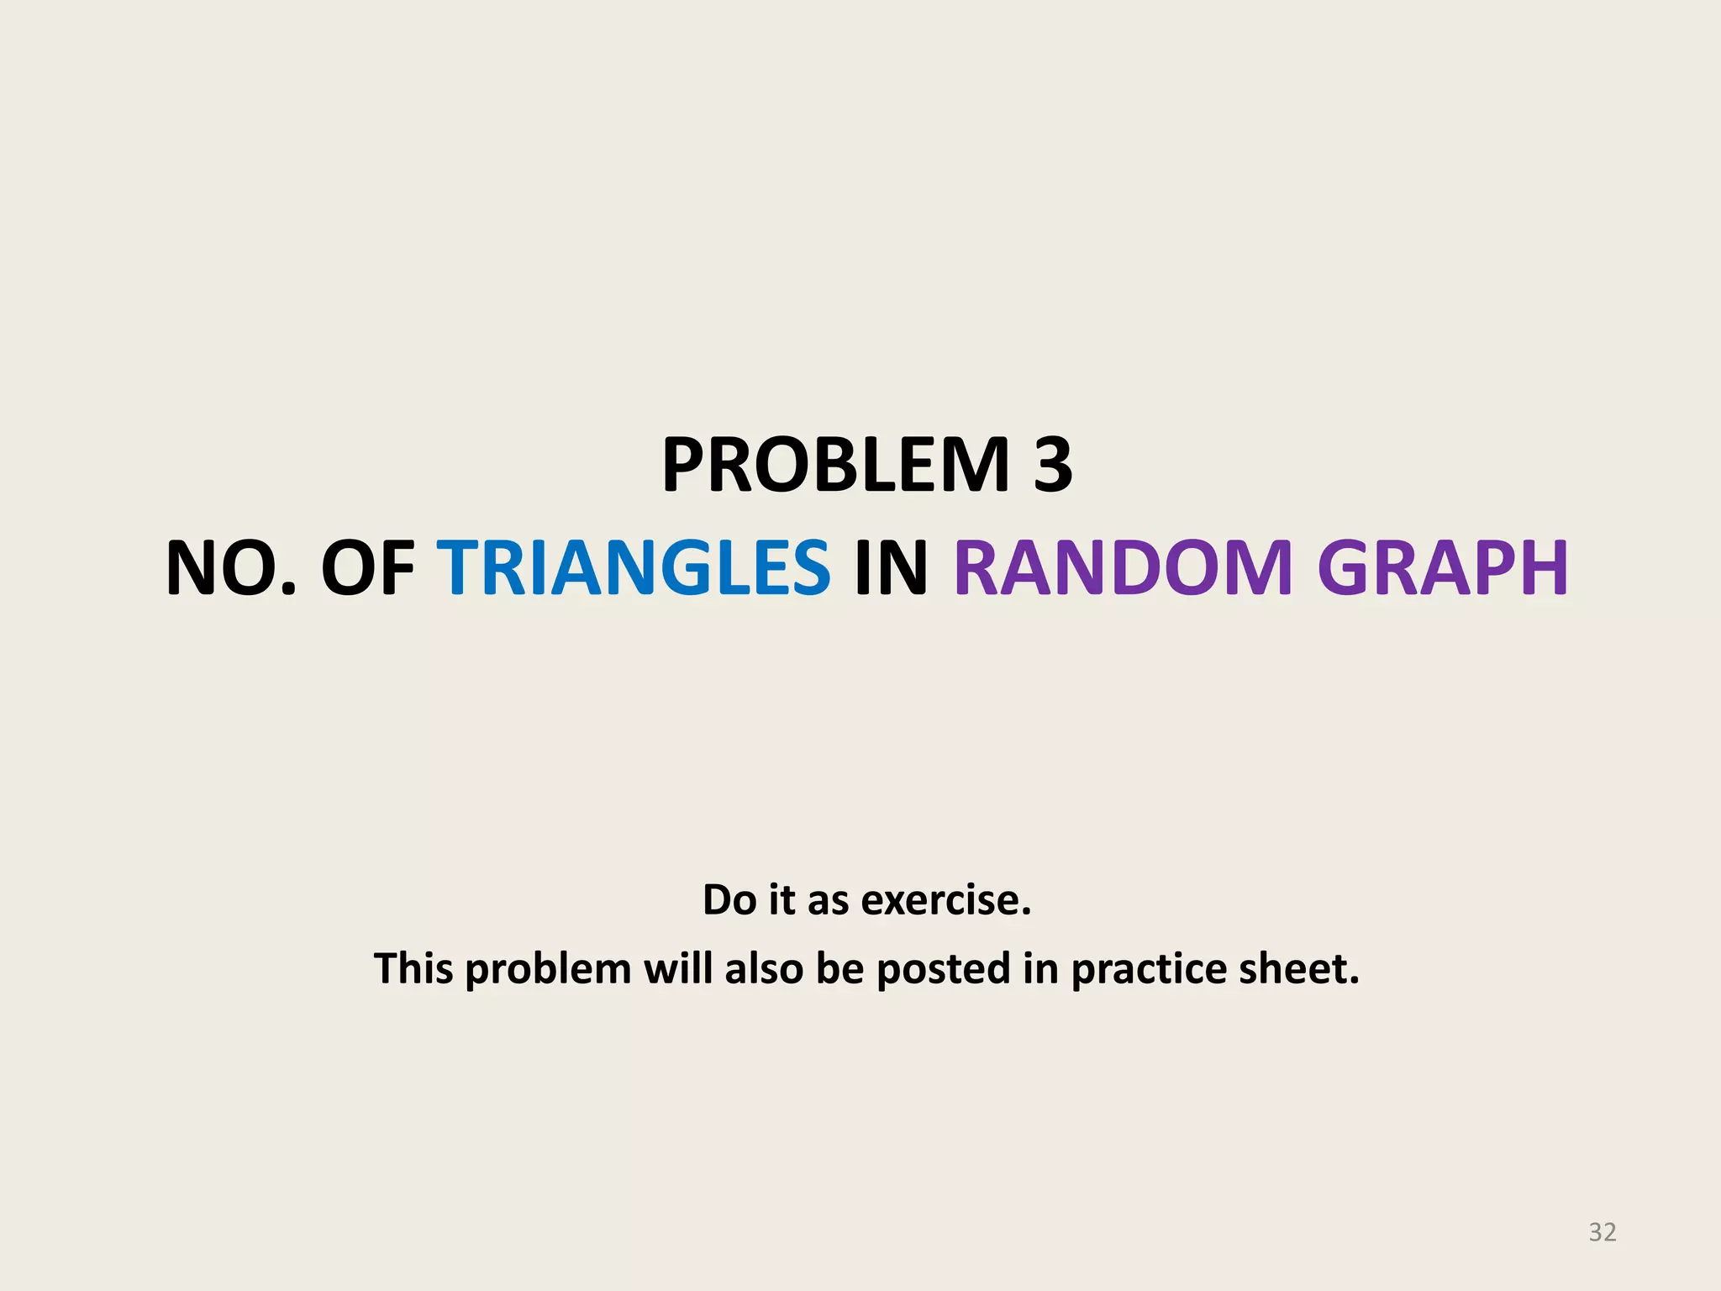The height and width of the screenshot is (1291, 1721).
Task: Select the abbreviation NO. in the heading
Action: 232,569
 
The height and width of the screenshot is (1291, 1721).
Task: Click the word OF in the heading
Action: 368,569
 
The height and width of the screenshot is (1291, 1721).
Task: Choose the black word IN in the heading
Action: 891,569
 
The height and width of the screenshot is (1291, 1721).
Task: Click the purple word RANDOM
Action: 1123,569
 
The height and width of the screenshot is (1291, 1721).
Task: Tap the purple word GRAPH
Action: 1442,569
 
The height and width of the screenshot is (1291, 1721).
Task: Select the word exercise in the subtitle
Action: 946,900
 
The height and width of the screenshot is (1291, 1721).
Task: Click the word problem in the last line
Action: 548,970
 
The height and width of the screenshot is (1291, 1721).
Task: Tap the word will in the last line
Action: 678,968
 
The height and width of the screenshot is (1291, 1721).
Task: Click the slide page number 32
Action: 1602,1232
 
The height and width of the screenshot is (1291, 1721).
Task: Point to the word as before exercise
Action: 827,900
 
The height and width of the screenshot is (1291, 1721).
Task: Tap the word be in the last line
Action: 840,968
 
